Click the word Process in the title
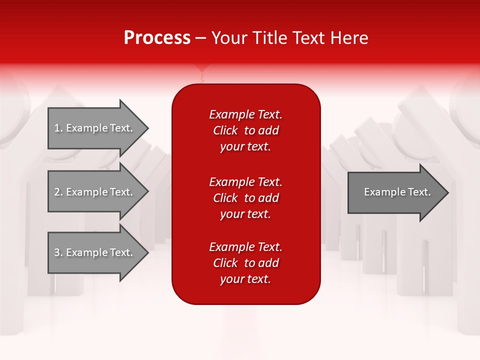pos(157,38)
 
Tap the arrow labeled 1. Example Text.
pos(95,128)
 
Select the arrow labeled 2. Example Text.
pos(95,192)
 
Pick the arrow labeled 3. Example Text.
pos(95,252)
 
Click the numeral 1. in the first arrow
pos(58,128)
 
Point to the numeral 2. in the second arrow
pos(58,192)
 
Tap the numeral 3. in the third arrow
pos(58,252)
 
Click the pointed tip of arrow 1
pos(146,128)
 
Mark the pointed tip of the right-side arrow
pos(446,192)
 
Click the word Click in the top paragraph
pos(225,131)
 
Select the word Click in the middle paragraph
pos(225,198)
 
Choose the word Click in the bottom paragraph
pos(225,263)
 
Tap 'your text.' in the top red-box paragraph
pos(245,147)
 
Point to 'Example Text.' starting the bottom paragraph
pos(245,247)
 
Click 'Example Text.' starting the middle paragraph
pos(245,182)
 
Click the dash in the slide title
pos(200,38)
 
